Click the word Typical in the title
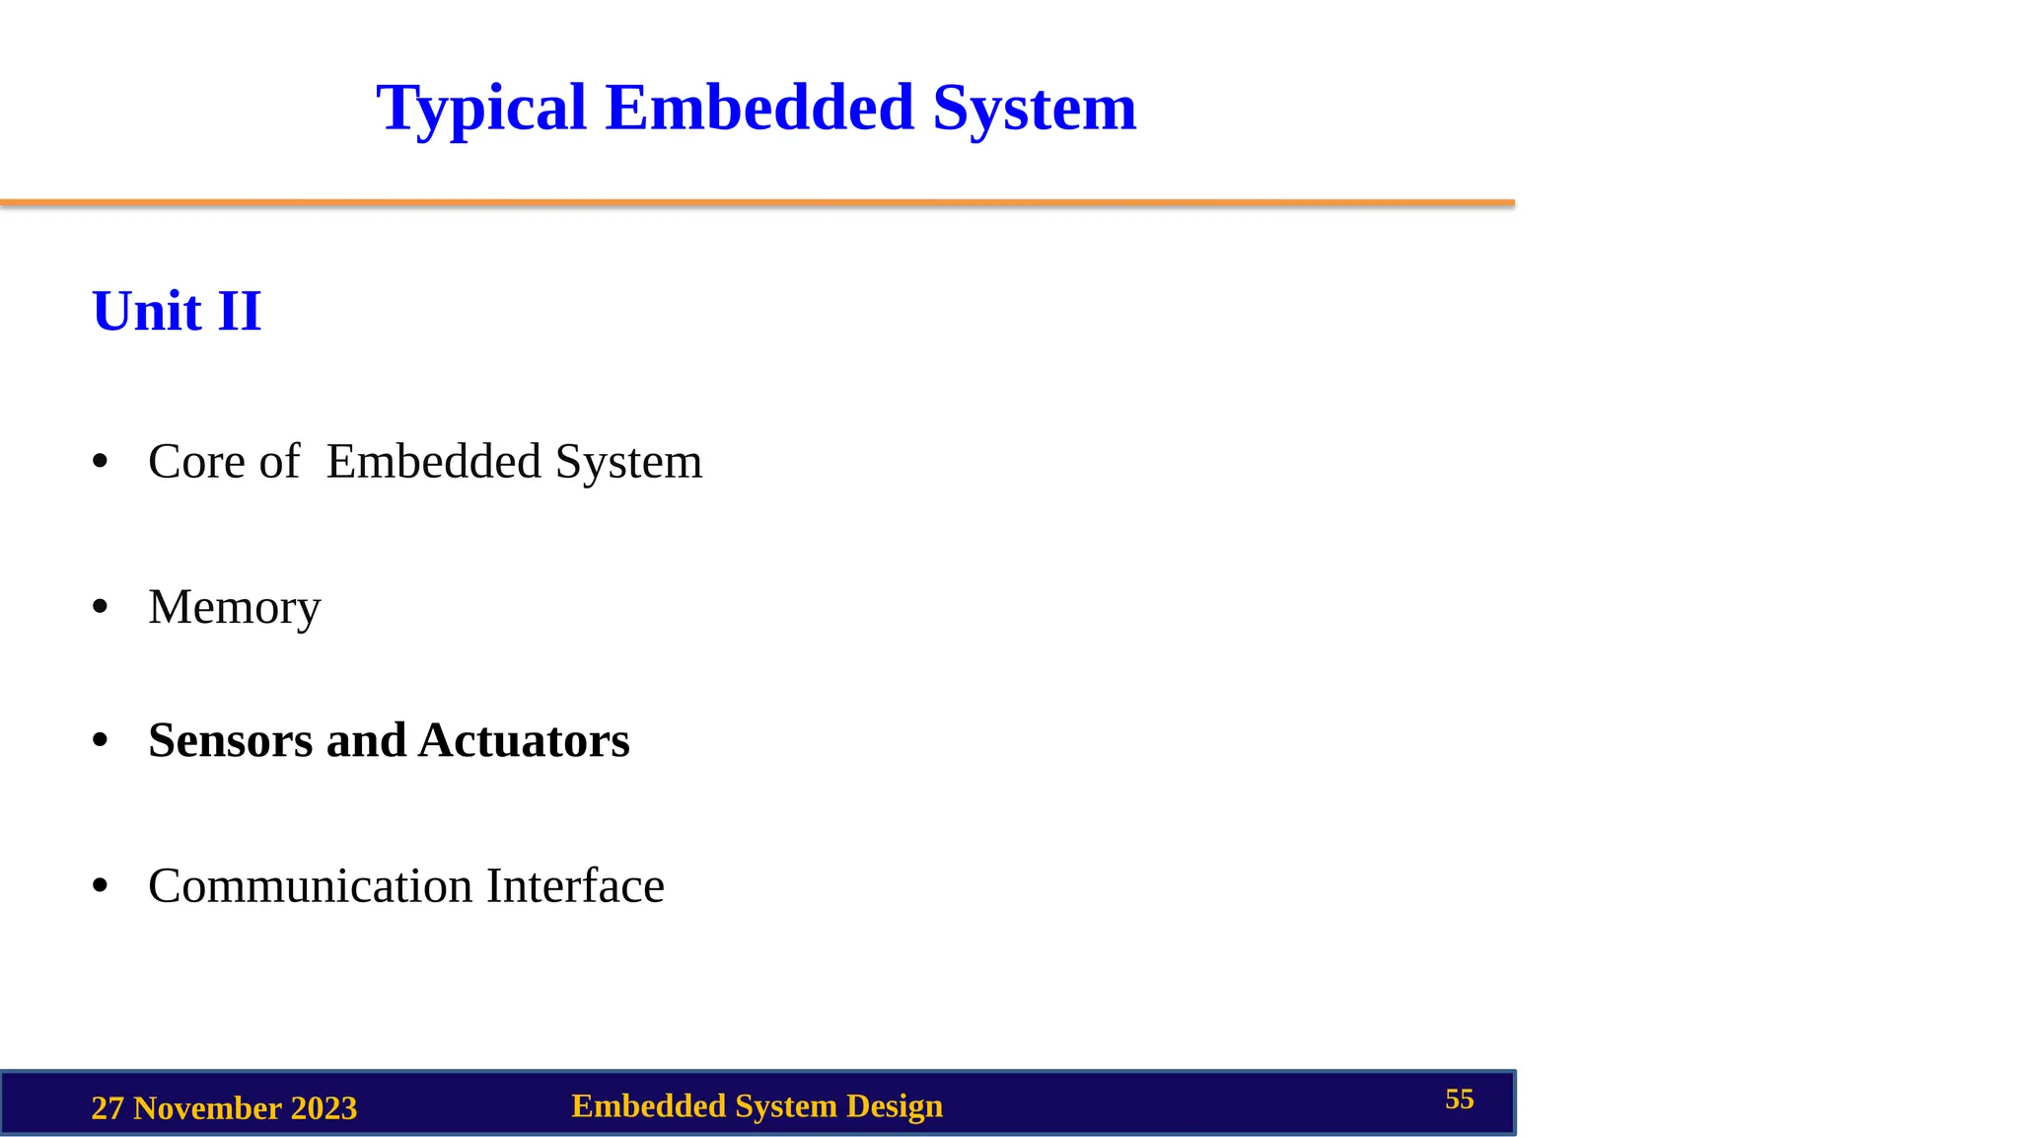coord(481,109)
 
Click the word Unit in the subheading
coord(147,312)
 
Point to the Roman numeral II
coord(240,312)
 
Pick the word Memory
coord(235,607)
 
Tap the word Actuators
coord(524,740)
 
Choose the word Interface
coord(575,885)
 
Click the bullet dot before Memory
coord(100,607)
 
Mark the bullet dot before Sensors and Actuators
coord(100,740)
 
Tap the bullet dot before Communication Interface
coord(100,885)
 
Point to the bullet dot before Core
coord(100,461)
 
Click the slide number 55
coord(1459,1099)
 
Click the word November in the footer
coord(207,1108)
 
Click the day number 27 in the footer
coord(108,1108)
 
